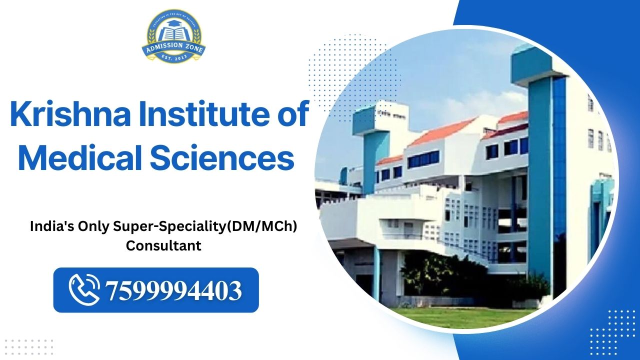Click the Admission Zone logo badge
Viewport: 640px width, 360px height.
click(173, 37)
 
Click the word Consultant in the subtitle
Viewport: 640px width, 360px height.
click(163, 246)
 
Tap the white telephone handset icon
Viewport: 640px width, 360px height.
click(84, 290)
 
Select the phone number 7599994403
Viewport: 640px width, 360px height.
click(173, 290)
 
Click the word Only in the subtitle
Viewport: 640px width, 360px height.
click(93, 226)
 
